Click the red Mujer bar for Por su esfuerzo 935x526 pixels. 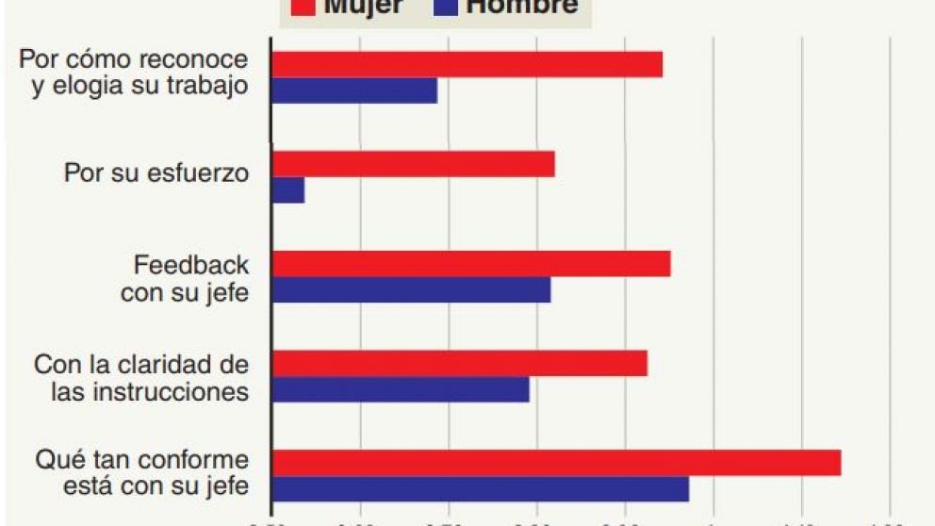(x=413, y=164)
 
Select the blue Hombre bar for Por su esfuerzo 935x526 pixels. (x=287, y=190)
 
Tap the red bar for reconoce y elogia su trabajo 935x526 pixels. (x=467, y=64)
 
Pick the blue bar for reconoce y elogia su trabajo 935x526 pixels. (x=354, y=90)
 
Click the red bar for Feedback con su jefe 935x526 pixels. (x=470, y=264)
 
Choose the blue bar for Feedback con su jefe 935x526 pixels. (x=411, y=290)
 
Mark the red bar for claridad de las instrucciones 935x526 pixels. (x=459, y=364)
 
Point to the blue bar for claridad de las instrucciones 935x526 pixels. (x=401, y=389)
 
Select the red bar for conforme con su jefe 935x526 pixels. (x=556, y=463)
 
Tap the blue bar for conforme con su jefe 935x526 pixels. (x=480, y=489)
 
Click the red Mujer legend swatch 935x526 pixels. (x=303, y=8)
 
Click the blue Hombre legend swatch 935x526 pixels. (x=446, y=8)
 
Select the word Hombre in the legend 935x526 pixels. (x=522, y=8)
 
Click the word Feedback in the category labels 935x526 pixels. (x=191, y=265)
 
